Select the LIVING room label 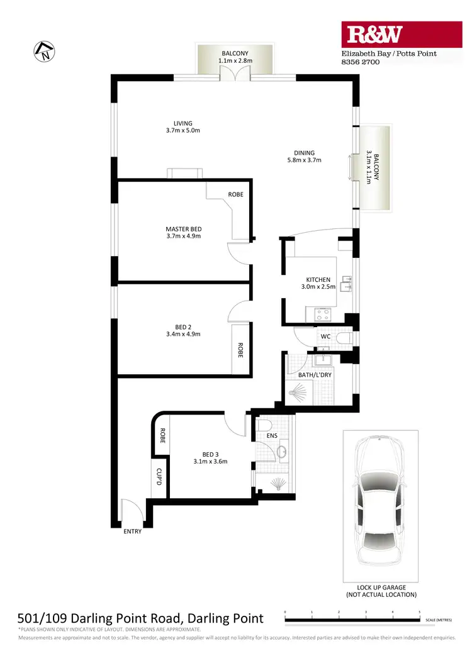coord(183,127)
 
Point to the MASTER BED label coord(183,233)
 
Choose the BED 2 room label coord(183,330)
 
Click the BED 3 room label coord(210,457)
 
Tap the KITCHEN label coord(318,284)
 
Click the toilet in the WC coord(343,338)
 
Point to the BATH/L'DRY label coord(315,376)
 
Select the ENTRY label coord(132,532)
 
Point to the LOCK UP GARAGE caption coord(381,591)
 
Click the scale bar coord(352,620)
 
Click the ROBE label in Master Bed coord(235,194)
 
